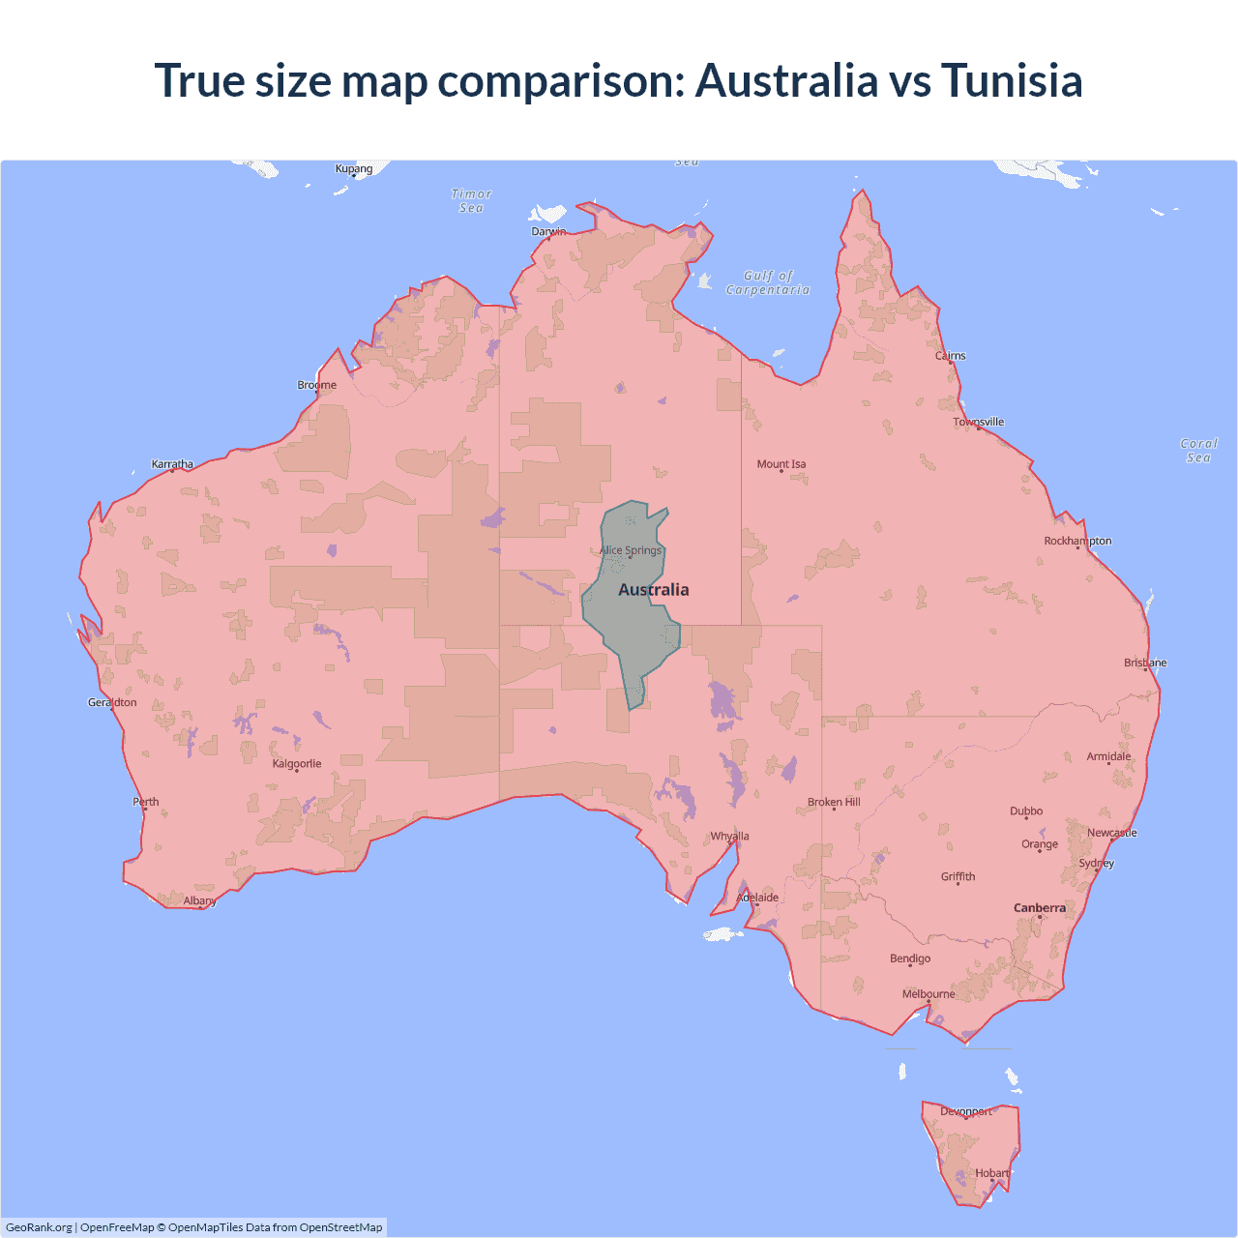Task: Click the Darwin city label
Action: point(548,231)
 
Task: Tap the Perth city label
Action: point(146,801)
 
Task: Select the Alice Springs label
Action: point(631,550)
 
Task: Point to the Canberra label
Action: point(1040,907)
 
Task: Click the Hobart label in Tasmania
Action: point(992,1173)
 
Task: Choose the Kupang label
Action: point(354,168)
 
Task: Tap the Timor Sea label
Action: point(472,200)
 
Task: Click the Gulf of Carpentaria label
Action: point(768,282)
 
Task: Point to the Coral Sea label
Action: point(1198,450)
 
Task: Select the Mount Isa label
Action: point(781,464)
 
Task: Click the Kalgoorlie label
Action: point(297,763)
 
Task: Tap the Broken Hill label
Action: point(834,802)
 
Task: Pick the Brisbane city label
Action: point(1145,663)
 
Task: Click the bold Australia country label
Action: point(654,590)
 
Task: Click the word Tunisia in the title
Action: point(1012,80)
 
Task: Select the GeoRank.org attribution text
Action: point(39,1227)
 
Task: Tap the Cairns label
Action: point(951,355)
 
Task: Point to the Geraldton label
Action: point(112,702)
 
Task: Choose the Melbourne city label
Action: point(928,993)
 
